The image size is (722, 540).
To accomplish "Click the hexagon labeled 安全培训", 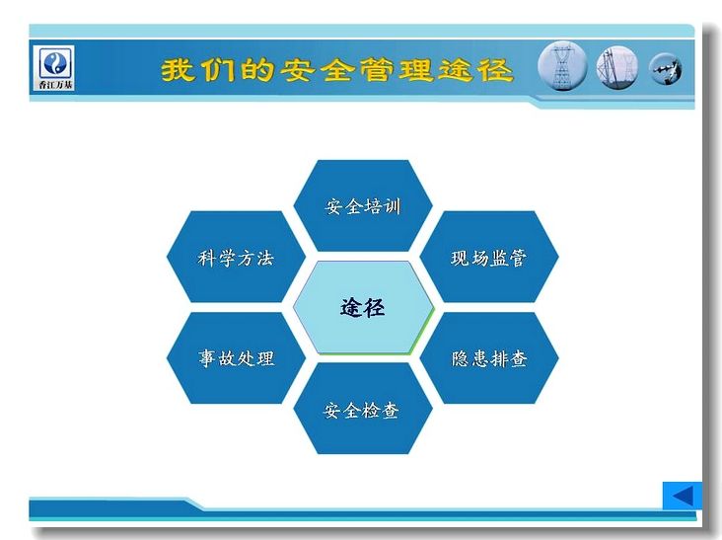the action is pos(363,205).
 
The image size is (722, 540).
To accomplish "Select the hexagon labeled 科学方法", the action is pos(236,257).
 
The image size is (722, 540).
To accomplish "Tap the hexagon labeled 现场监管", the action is pos(489,257).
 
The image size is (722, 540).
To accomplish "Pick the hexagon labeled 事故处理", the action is pos(236,358).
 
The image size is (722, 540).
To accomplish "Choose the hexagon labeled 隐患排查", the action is pos(489,358).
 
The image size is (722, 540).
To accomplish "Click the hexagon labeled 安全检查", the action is pos(363,409).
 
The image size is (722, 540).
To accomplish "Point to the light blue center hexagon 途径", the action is pos(363,307).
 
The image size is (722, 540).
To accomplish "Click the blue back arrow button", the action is pos(682,496).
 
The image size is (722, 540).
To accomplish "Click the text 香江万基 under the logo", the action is pos(55,85).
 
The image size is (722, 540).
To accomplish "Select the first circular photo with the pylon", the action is pos(562,66).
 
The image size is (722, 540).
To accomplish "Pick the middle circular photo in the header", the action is pos(617,68).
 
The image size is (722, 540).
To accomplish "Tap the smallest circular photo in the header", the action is pos(666,69).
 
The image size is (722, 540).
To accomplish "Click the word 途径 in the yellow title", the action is pos(474,70).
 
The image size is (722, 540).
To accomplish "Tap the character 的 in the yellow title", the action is pos(257,70).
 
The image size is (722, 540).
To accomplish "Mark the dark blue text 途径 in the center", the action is pos(362,307).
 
